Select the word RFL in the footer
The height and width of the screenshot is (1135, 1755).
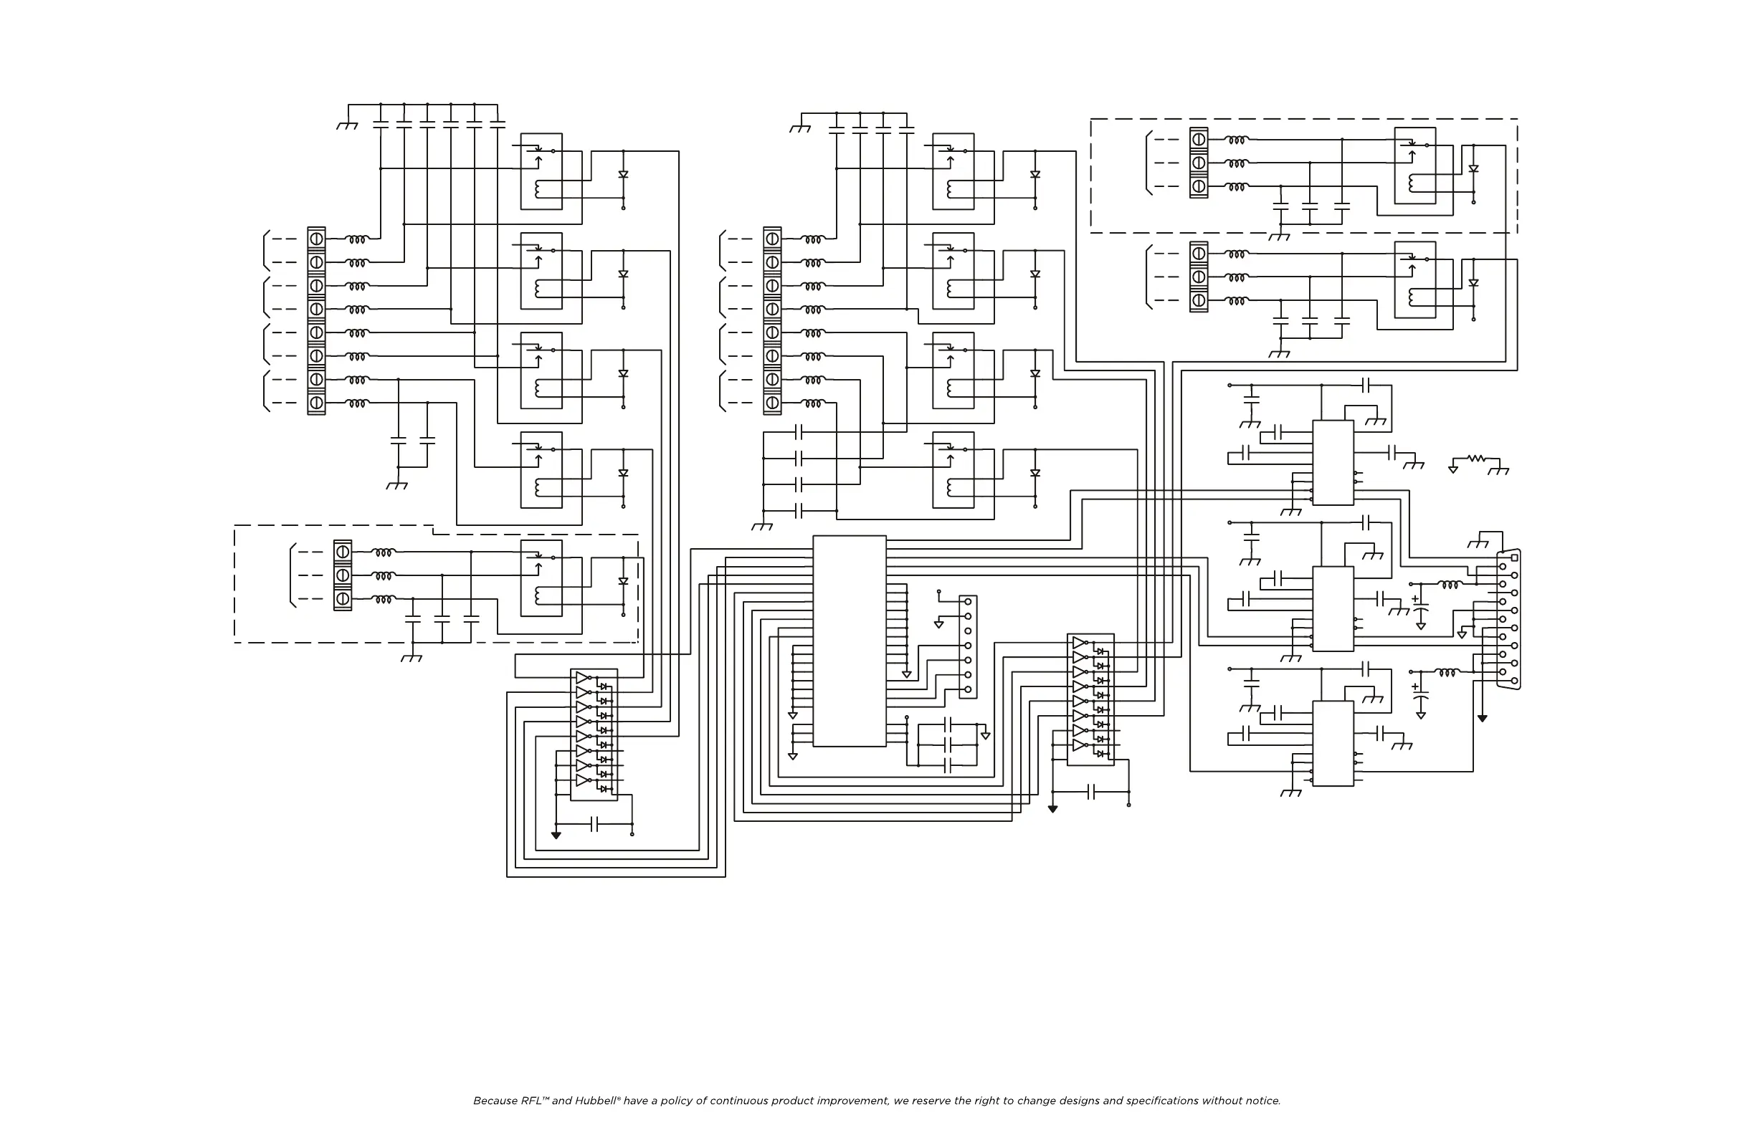[x=532, y=1101]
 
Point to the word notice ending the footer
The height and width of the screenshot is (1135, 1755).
[x=1262, y=1101]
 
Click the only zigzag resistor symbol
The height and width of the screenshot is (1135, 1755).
[x=1476, y=459]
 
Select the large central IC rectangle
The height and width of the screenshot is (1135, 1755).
[x=849, y=641]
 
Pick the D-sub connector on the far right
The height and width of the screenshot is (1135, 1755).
[x=1508, y=619]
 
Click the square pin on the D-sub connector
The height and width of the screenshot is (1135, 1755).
[x=1515, y=558]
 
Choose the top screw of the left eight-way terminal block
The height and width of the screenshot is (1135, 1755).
[x=316, y=239]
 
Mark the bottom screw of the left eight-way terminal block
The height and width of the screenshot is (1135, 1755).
[x=316, y=403]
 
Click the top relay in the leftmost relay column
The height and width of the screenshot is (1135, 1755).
[x=541, y=171]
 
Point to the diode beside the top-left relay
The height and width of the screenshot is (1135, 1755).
[x=623, y=175]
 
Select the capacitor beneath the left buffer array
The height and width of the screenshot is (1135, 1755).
[x=595, y=824]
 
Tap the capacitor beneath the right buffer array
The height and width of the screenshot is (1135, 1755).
[x=1092, y=792]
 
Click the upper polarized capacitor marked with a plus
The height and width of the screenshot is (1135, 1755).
[x=1420, y=608]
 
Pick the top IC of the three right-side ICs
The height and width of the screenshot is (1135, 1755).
[x=1333, y=463]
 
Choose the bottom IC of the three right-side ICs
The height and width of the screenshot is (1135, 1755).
[x=1333, y=743]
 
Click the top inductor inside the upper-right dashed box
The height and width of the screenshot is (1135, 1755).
[x=1237, y=140]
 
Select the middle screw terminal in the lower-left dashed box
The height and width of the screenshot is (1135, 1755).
[x=342, y=575]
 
